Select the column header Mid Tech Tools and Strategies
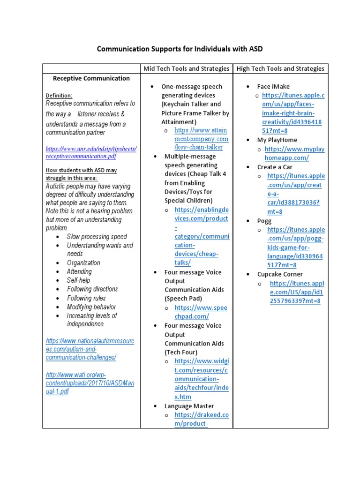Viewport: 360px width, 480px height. (186, 68)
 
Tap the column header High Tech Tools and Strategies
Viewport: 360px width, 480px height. (280, 68)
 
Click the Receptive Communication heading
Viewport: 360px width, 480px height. (91, 78)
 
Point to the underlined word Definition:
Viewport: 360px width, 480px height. (59, 95)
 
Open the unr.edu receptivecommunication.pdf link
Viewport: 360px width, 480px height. (90, 152)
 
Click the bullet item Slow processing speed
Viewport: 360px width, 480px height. (97, 237)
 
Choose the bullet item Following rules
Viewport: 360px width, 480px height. (86, 298)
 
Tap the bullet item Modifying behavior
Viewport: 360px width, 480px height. (91, 307)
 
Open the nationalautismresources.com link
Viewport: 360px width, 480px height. (90, 349)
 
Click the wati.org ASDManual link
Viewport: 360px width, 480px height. (90, 383)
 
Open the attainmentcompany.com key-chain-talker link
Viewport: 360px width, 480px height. (201, 139)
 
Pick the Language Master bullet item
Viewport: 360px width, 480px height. (189, 406)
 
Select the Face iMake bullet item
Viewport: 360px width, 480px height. (273, 86)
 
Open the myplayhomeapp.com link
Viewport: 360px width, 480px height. (294, 154)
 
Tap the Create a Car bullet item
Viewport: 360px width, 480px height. (274, 167)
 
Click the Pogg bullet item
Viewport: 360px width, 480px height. (264, 221)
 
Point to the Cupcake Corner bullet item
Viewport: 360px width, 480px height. (280, 274)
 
